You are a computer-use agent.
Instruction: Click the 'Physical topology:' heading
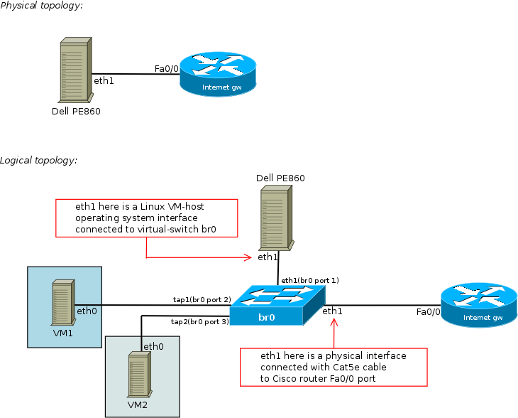(41, 6)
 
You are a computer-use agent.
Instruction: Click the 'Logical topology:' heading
(38, 161)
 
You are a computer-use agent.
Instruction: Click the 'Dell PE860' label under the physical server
(76, 111)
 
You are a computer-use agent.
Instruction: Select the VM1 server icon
(62, 302)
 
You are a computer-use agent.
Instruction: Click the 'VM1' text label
(62, 332)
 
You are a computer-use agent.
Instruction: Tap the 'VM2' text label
(138, 404)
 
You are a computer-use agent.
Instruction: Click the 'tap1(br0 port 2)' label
(202, 300)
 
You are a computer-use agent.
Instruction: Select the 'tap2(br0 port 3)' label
(199, 322)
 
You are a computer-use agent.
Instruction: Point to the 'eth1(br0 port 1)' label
(310, 280)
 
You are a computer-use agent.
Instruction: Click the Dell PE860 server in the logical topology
(275, 218)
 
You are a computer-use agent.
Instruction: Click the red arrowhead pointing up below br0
(334, 323)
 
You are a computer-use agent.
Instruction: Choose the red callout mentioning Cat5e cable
(334, 367)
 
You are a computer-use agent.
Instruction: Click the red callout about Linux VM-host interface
(145, 218)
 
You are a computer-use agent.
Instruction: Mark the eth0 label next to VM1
(86, 311)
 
